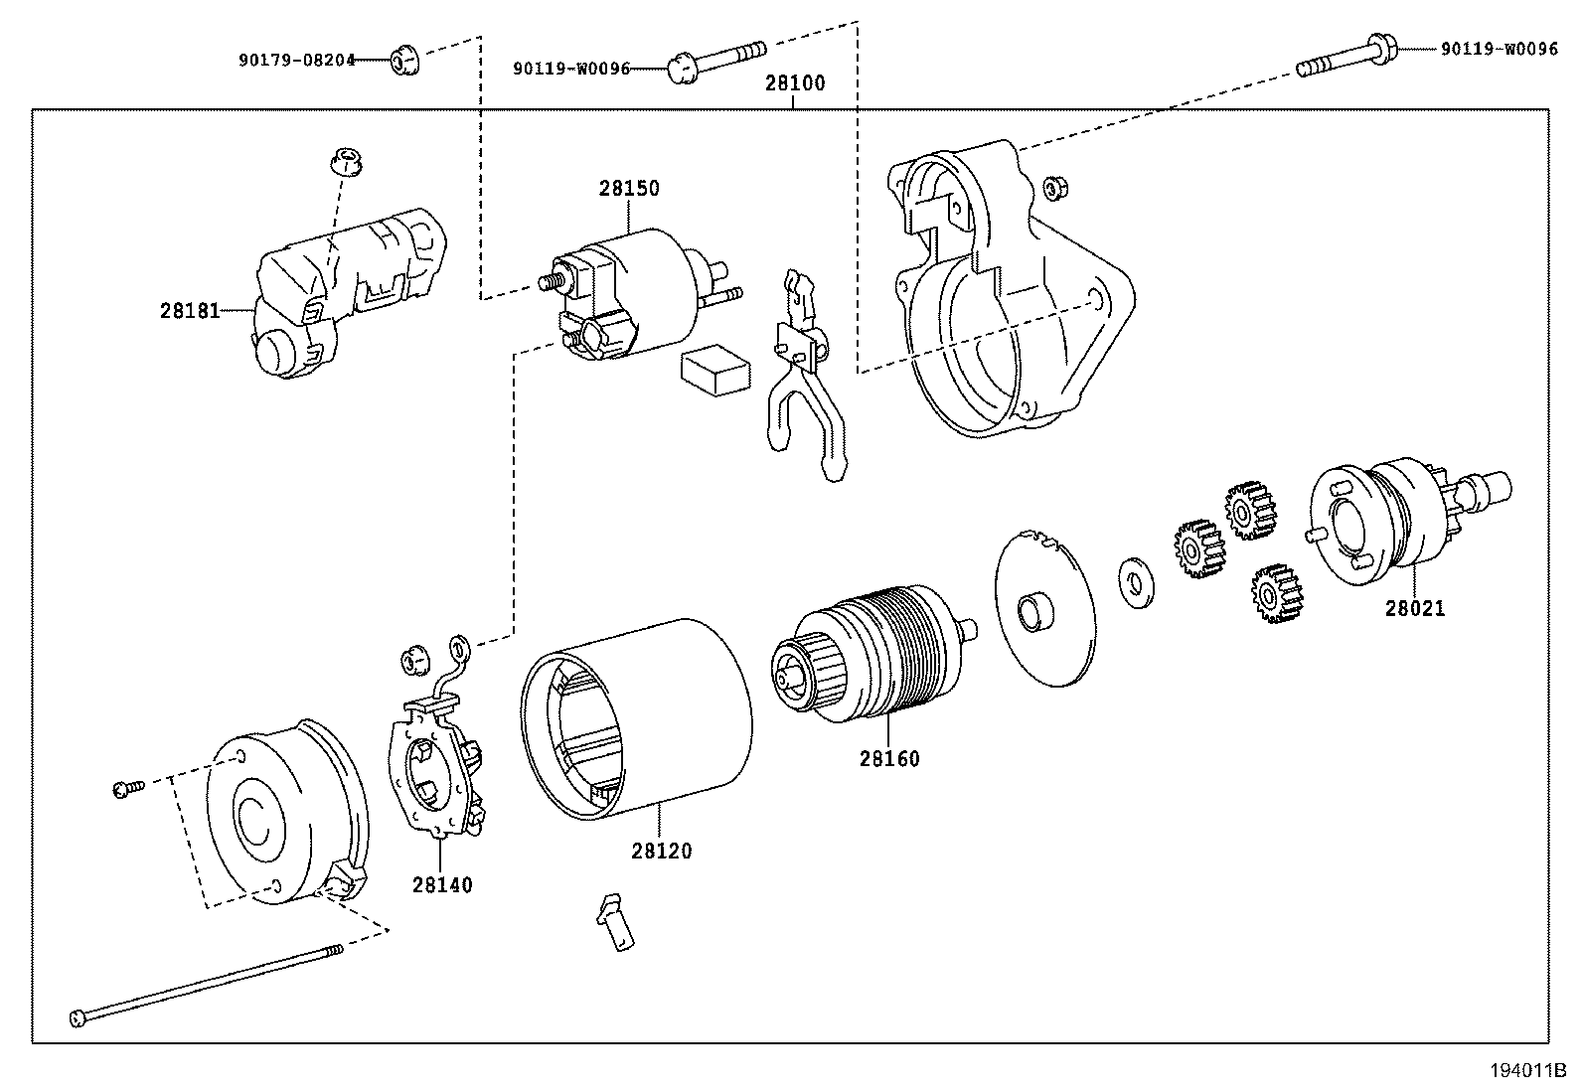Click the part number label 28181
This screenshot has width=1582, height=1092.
tap(189, 310)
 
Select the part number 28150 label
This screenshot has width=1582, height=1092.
tap(628, 188)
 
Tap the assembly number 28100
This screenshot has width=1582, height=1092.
tap(794, 83)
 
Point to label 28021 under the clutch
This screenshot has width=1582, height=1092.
tap(1414, 608)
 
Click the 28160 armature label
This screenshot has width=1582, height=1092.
tap(889, 759)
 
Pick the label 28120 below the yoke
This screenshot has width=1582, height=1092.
tap(661, 852)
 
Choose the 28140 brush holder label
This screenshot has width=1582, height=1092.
tap(443, 884)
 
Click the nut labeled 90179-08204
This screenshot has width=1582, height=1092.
tap(402, 62)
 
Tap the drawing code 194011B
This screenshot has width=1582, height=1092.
tap(1526, 1071)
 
